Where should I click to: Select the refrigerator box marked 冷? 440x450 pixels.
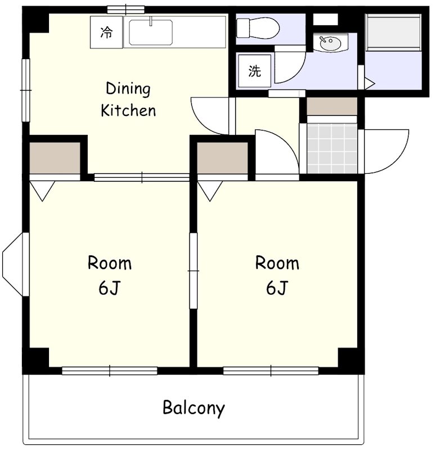[106, 33]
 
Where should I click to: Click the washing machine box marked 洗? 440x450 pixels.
[254, 71]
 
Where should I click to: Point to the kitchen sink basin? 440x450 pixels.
[151, 32]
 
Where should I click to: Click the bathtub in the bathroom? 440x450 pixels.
[393, 33]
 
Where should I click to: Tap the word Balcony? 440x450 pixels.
[194, 408]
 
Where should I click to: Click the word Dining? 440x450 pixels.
[128, 89]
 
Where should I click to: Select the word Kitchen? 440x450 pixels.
[128, 110]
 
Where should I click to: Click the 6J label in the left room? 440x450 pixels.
[109, 287]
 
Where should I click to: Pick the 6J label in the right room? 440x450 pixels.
[277, 287]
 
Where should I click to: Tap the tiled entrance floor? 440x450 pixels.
[332, 148]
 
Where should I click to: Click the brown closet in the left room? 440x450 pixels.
[55, 158]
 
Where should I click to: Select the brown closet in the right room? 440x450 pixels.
[222, 158]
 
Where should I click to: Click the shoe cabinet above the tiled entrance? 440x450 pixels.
[332, 106]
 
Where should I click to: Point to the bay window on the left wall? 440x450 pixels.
[16, 264]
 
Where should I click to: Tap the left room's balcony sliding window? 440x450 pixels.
[110, 371]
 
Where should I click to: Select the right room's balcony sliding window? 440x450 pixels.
[271, 371]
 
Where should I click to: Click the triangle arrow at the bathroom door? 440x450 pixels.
[370, 84]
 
